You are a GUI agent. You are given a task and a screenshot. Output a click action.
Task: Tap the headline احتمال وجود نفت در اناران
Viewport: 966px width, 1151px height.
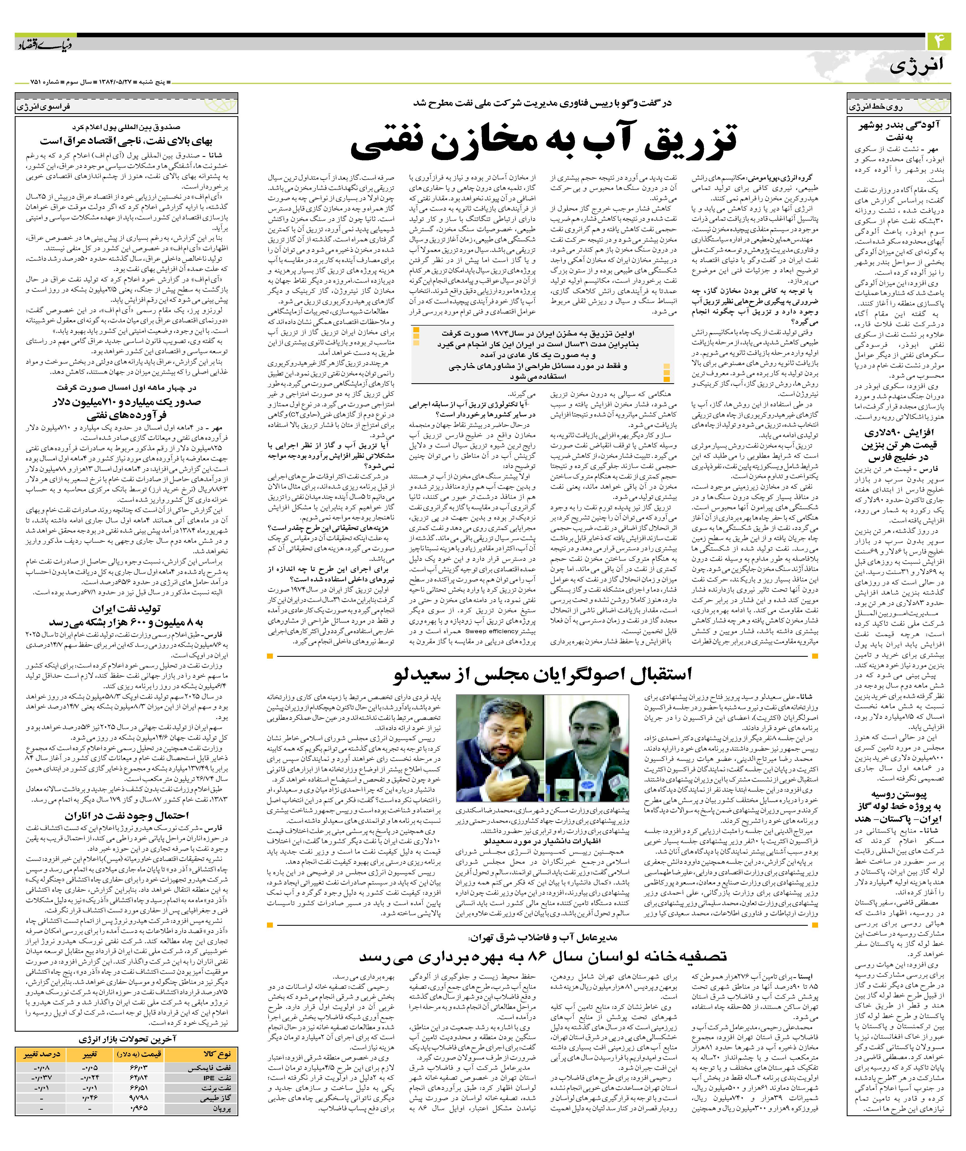click(127, 816)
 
